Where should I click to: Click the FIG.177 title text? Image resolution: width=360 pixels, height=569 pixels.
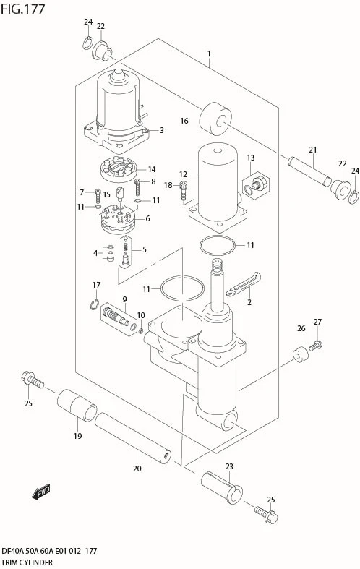23,9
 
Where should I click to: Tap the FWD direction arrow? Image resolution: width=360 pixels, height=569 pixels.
41,492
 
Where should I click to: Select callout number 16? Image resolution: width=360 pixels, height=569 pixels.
184,121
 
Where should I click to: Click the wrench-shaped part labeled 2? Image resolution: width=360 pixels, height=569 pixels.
243,283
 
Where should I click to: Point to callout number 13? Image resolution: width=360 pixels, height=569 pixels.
251,158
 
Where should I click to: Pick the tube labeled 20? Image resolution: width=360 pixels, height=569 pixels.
133,438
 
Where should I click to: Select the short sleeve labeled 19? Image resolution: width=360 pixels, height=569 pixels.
77,406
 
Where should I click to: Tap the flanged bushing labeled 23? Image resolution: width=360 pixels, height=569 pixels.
222,487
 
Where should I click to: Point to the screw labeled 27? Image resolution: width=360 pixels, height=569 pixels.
316,345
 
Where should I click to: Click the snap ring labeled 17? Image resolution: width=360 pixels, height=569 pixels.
95,304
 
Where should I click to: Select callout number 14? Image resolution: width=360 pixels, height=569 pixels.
152,169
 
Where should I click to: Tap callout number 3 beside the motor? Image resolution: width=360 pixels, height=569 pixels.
162,130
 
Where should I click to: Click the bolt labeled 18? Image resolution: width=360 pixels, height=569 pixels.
184,191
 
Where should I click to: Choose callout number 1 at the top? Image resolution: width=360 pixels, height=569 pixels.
209,54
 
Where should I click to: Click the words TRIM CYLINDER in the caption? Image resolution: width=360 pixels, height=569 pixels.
27,562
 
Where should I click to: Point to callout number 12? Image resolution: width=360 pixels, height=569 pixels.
183,175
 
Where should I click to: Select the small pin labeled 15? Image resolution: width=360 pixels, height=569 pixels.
120,194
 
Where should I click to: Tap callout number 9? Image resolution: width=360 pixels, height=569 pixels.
124,299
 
